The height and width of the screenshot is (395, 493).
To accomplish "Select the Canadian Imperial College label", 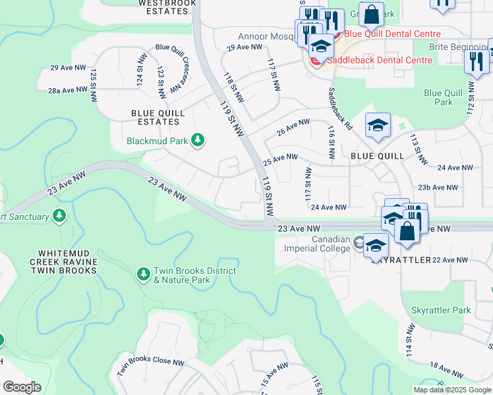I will click(316, 244).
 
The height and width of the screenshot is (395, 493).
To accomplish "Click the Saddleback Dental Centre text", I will click(377, 60).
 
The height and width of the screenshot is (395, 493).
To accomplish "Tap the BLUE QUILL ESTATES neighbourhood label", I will click(156, 117).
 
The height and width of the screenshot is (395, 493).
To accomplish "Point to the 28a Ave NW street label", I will click(68, 90).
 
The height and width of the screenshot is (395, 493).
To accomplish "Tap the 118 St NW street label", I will click(234, 88).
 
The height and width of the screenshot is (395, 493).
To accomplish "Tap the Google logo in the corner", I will click(22, 387).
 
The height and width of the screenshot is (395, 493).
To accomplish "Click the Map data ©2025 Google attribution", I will click(452, 390).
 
